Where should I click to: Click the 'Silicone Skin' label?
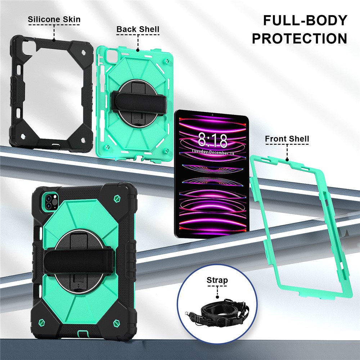(x=54, y=19)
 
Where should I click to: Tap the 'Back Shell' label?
(x=138, y=29)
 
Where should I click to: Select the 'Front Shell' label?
(x=287, y=139)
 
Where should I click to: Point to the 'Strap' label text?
(x=217, y=280)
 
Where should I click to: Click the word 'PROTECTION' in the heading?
(x=300, y=39)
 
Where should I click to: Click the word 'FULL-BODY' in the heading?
(x=305, y=20)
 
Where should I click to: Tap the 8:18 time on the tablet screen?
(x=212, y=140)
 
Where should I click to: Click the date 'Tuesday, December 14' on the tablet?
(x=213, y=152)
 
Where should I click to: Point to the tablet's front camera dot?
(x=213, y=115)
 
